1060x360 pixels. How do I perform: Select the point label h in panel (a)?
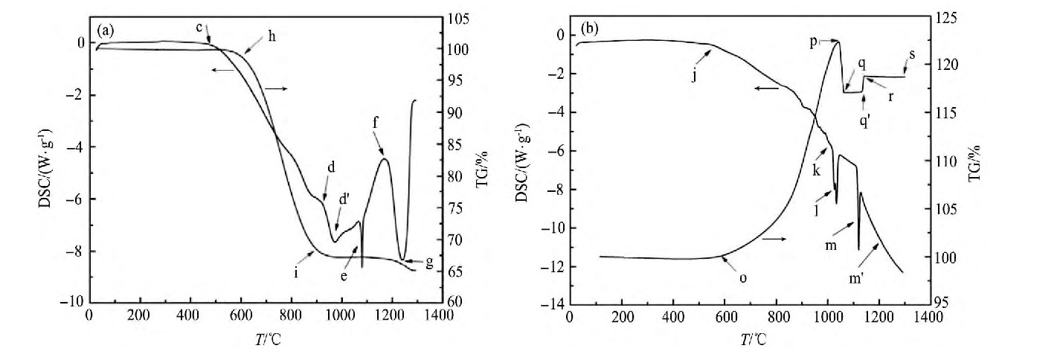pyautogui.click(x=272, y=39)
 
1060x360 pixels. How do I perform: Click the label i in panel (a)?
pyautogui.click(x=296, y=273)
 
